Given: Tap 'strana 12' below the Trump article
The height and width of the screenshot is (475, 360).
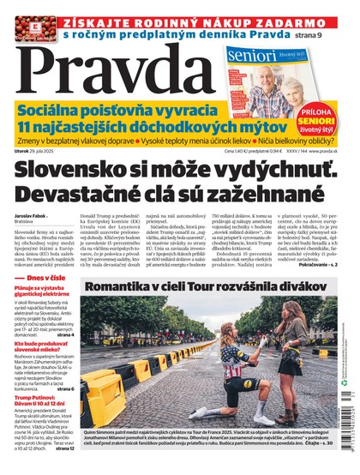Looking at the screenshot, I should (x=69, y=448).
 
